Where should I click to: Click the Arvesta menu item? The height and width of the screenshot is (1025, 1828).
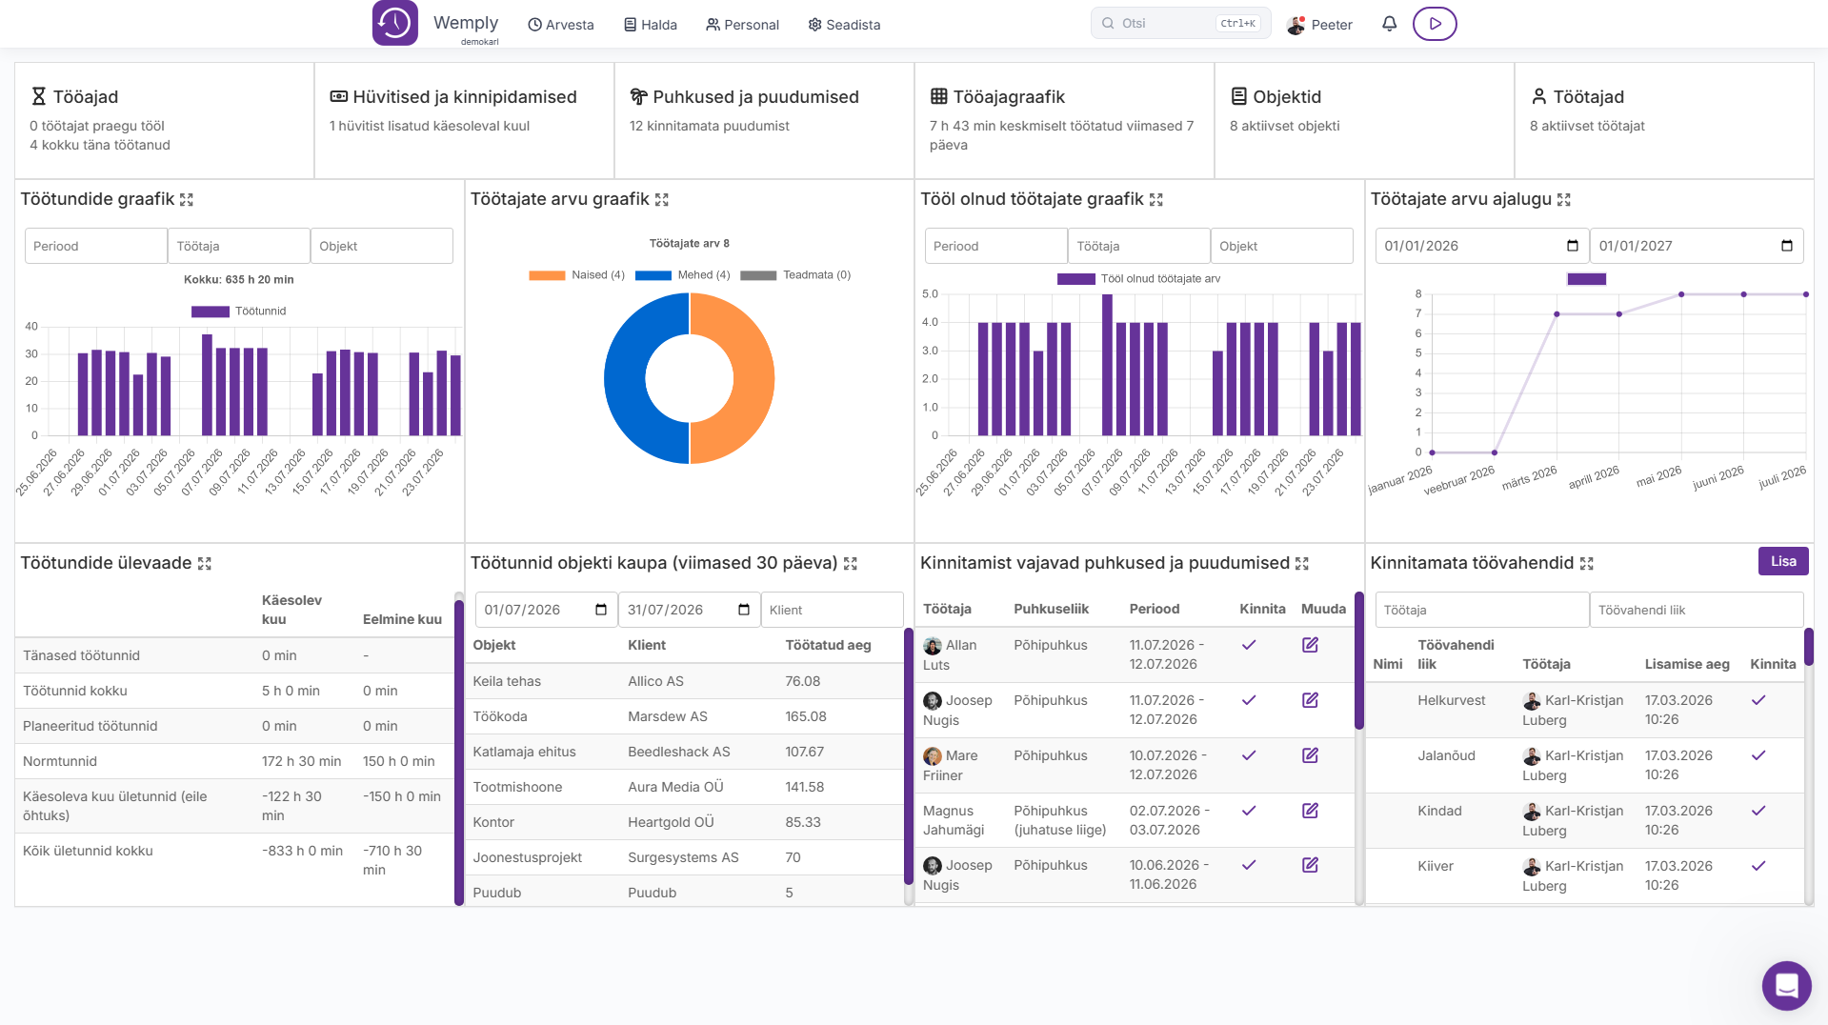(x=561, y=25)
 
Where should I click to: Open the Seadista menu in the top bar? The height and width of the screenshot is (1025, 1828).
(x=844, y=25)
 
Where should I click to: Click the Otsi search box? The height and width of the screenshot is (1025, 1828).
(x=1180, y=24)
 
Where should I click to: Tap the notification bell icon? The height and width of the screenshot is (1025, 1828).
(x=1389, y=24)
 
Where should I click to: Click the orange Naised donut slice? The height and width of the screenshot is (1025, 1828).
(x=733, y=378)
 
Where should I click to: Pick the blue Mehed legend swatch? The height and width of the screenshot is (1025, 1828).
(x=653, y=275)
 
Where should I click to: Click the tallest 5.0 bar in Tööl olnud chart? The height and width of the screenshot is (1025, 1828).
(x=1107, y=365)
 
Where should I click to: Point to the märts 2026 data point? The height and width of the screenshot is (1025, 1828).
(x=1557, y=314)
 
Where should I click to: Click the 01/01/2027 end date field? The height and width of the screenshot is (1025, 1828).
(x=1697, y=246)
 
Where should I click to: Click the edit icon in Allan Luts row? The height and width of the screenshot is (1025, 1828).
(x=1310, y=645)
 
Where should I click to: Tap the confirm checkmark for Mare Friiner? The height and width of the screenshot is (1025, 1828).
(x=1249, y=755)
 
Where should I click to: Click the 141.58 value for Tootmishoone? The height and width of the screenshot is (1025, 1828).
(x=805, y=787)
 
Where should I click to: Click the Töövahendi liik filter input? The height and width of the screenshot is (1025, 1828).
(x=1697, y=610)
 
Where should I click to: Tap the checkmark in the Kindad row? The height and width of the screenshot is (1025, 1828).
(x=1758, y=811)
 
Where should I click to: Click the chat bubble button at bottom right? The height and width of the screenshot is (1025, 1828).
(x=1786, y=985)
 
